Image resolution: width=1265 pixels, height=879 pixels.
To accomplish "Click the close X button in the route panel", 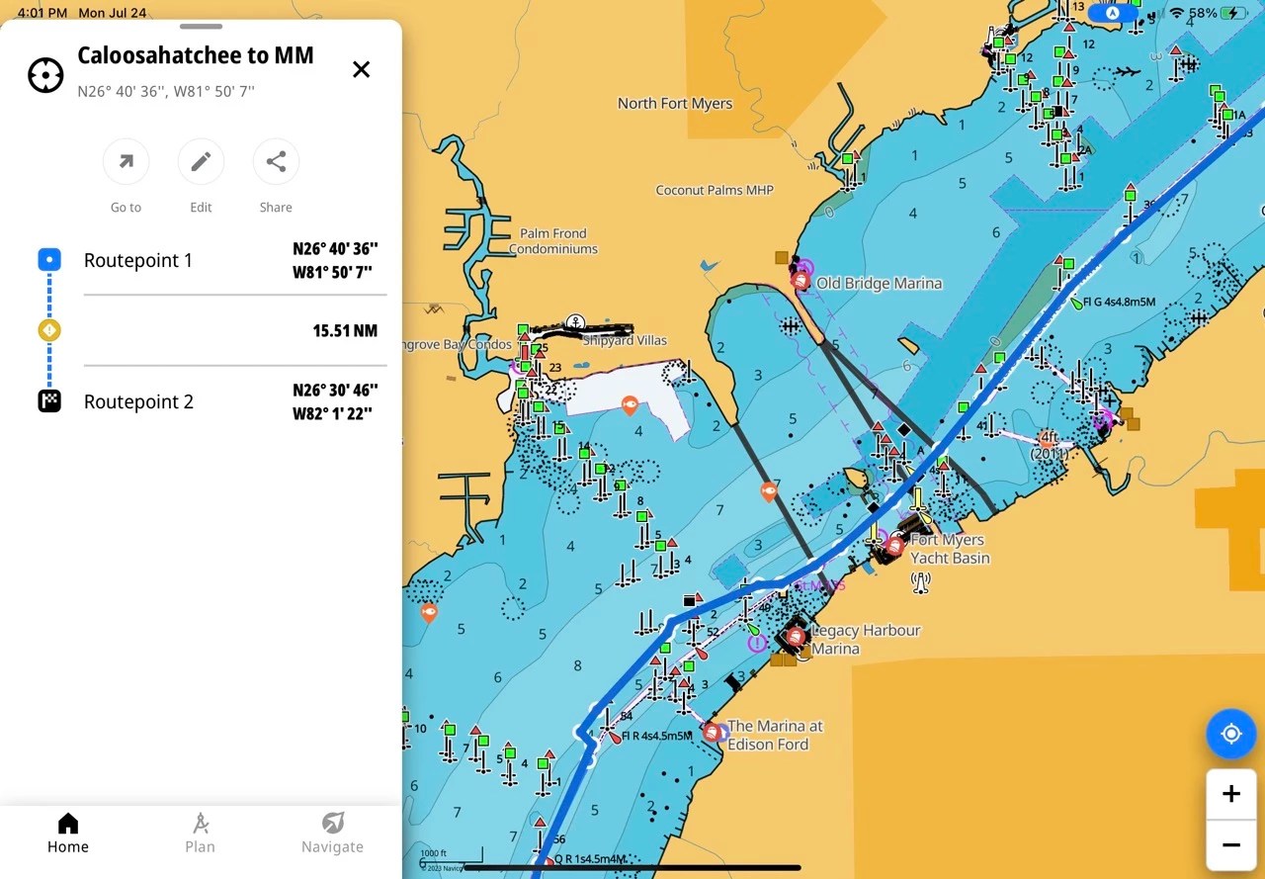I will [x=362, y=69].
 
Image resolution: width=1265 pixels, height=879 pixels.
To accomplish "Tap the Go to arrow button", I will [x=126, y=162].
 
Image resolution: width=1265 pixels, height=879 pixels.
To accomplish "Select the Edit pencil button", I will [x=201, y=162].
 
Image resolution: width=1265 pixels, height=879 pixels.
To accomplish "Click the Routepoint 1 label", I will [x=138, y=260].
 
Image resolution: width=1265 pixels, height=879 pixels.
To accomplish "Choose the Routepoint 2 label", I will [x=138, y=401].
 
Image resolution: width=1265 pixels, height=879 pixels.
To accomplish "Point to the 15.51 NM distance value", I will [x=345, y=330].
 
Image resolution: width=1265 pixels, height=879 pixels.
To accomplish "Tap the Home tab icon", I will [x=68, y=824].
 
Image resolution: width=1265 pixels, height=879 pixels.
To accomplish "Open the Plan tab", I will [x=200, y=833].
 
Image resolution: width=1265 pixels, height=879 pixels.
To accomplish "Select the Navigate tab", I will [x=332, y=833].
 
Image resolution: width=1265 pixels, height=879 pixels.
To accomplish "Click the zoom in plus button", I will [x=1230, y=794].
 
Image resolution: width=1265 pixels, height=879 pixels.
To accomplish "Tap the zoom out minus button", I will [x=1230, y=844].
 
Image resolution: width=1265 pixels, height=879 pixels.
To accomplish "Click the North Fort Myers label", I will [x=675, y=103].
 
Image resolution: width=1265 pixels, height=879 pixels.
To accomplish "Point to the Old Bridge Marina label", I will [x=879, y=283].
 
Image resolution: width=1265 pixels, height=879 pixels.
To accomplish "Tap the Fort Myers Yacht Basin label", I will [x=949, y=549].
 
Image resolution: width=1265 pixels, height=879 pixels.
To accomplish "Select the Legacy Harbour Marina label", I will [x=864, y=639].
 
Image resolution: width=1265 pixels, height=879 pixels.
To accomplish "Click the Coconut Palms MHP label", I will [x=715, y=190].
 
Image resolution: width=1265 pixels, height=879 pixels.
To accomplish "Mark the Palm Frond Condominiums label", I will [x=553, y=241].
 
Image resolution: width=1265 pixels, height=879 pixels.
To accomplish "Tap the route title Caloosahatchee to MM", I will [x=196, y=55].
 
